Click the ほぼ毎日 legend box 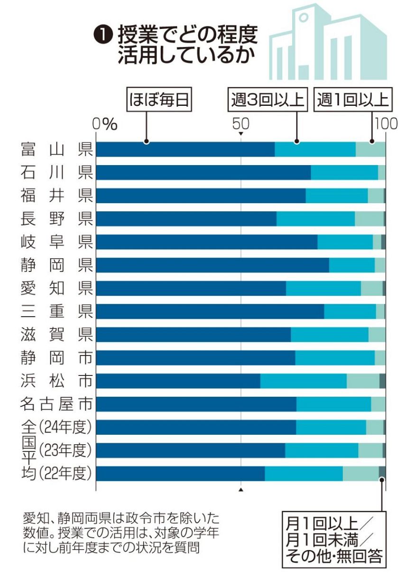(x=159, y=100)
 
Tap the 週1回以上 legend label (x=352, y=100)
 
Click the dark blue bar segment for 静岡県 (x=212, y=265)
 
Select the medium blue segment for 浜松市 (x=304, y=381)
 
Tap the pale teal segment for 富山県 (x=370, y=149)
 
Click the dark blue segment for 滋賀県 (x=194, y=335)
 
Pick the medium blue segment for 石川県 (x=344, y=172)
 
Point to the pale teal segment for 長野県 (x=369, y=219)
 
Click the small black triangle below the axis (x=240, y=489)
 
